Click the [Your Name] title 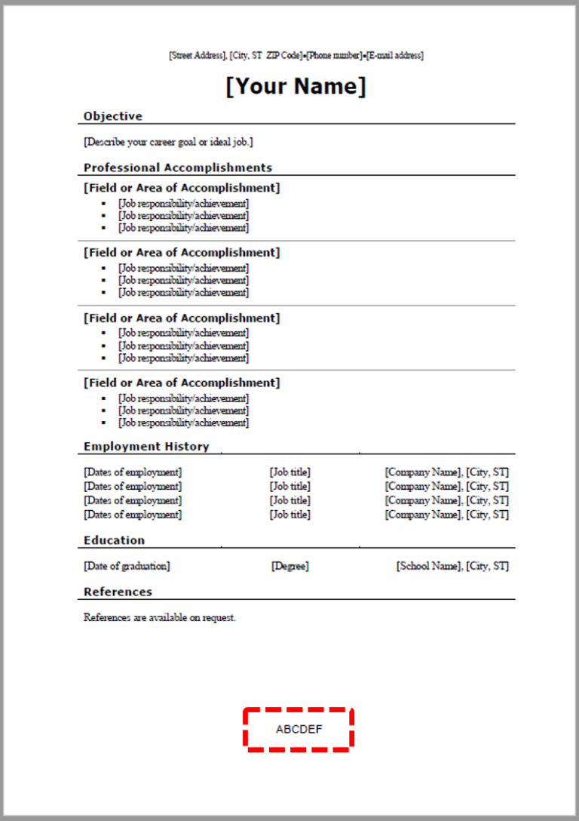(x=296, y=87)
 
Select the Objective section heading (x=113, y=116)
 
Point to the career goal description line (x=168, y=142)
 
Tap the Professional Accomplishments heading (x=178, y=168)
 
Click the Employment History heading (x=146, y=447)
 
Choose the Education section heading (x=114, y=540)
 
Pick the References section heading (x=118, y=592)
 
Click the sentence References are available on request (x=160, y=617)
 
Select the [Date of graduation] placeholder (x=127, y=566)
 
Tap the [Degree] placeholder (x=290, y=566)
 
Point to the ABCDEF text (x=299, y=730)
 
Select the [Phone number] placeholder (x=334, y=56)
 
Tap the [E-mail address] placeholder (x=395, y=56)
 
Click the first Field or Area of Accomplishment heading (x=182, y=188)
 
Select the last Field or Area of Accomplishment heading (x=182, y=383)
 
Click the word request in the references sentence (x=219, y=617)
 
